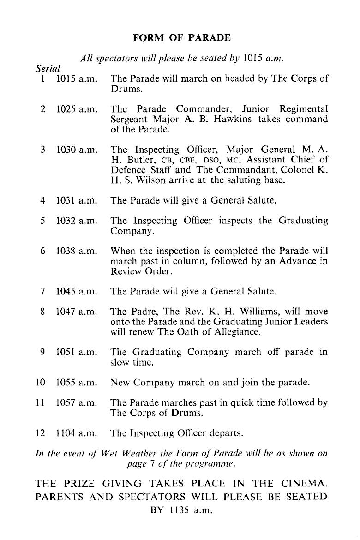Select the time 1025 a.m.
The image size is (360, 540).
point(77,110)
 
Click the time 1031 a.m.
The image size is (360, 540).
point(77,201)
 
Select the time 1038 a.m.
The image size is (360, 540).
point(77,252)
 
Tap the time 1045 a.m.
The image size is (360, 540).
point(77,292)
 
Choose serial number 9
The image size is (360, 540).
point(42,352)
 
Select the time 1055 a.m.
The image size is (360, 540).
point(77,383)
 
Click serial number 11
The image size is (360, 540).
point(41,403)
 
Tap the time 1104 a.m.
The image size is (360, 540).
point(77,433)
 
